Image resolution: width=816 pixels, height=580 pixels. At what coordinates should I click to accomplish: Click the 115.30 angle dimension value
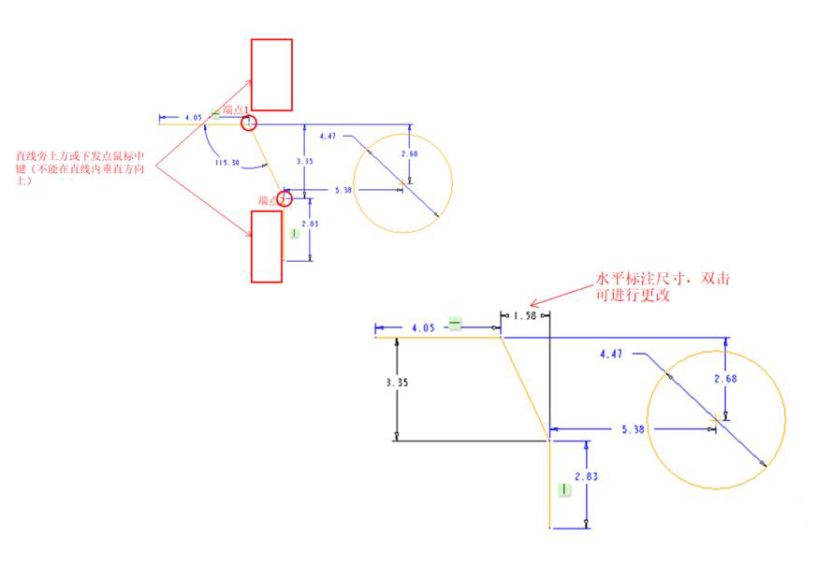[227, 162]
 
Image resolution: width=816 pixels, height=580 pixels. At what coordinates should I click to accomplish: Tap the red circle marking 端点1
[249, 123]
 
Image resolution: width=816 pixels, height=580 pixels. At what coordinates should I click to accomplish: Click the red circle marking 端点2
[283, 198]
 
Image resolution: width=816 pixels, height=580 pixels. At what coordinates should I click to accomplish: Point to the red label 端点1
[234, 110]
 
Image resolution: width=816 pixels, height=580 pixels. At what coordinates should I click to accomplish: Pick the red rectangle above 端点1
[271, 75]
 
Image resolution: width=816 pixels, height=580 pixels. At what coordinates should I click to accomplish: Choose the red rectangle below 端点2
[267, 247]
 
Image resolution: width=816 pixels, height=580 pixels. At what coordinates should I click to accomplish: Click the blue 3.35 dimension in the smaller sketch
[304, 161]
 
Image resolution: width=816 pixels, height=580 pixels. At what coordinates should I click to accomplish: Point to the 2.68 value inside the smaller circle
[408, 153]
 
